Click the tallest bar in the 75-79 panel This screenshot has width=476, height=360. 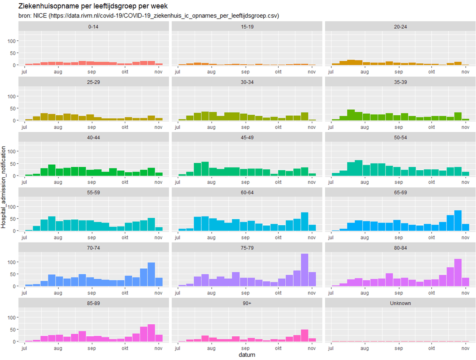point(304,270)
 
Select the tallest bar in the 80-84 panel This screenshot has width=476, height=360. point(458,273)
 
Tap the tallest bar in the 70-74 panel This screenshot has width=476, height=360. point(151,274)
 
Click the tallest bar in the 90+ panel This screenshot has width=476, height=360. point(304,336)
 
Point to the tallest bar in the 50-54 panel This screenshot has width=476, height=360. point(359,168)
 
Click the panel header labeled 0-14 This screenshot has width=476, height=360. point(93,27)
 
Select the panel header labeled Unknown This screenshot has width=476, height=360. point(400,303)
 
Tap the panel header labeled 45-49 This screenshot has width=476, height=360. point(247,138)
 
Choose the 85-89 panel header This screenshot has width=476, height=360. point(93,303)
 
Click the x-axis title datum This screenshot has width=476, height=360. point(247,355)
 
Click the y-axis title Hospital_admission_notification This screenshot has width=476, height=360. point(3,187)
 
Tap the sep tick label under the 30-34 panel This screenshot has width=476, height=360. point(245,127)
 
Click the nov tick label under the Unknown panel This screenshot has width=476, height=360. point(465,348)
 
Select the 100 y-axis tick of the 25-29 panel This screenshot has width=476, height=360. point(12,97)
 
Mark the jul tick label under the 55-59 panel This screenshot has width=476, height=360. point(24,238)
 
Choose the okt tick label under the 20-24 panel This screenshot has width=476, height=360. point(431,72)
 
